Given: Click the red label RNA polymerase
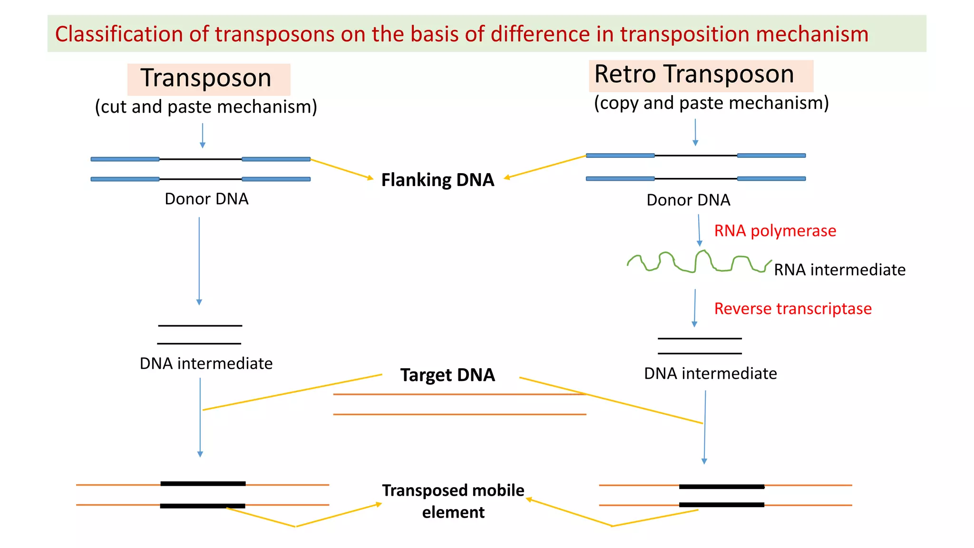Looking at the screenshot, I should (775, 231).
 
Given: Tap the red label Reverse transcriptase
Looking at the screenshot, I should (793, 309).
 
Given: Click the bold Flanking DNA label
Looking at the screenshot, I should (438, 180).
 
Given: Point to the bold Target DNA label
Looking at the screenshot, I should (448, 375).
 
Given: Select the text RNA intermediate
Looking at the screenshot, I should (839, 270).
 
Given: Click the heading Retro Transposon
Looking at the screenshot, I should (694, 75).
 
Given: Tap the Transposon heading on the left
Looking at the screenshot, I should (206, 78).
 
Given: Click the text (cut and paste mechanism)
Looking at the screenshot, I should (206, 107).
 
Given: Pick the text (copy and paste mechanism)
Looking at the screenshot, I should (711, 103).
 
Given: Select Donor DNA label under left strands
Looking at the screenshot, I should (206, 199).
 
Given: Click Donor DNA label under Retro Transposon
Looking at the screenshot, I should (688, 200).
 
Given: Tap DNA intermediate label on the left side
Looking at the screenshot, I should (206, 363).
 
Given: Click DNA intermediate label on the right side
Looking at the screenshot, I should (710, 373).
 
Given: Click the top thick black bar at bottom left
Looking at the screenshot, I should (203, 484).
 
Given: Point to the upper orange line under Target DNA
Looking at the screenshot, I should (459, 394).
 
